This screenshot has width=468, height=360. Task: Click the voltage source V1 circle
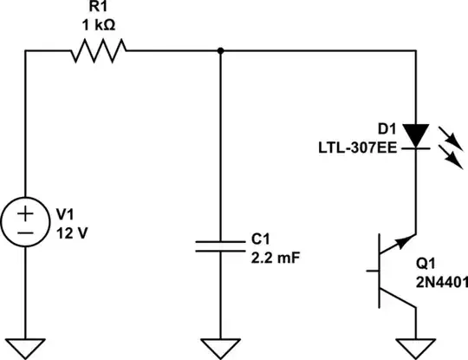pyautogui.click(x=25, y=222)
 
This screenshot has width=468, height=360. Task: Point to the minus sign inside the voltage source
pyautogui.click(x=25, y=232)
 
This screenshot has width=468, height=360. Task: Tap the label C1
pyautogui.click(x=258, y=237)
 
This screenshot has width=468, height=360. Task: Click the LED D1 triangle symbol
pyautogui.click(x=417, y=134)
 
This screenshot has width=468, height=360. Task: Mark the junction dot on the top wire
pyautogui.click(x=222, y=51)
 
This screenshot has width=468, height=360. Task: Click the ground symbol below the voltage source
pyautogui.click(x=25, y=347)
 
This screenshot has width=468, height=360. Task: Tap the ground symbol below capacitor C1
pyautogui.click(x=222, y=347)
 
